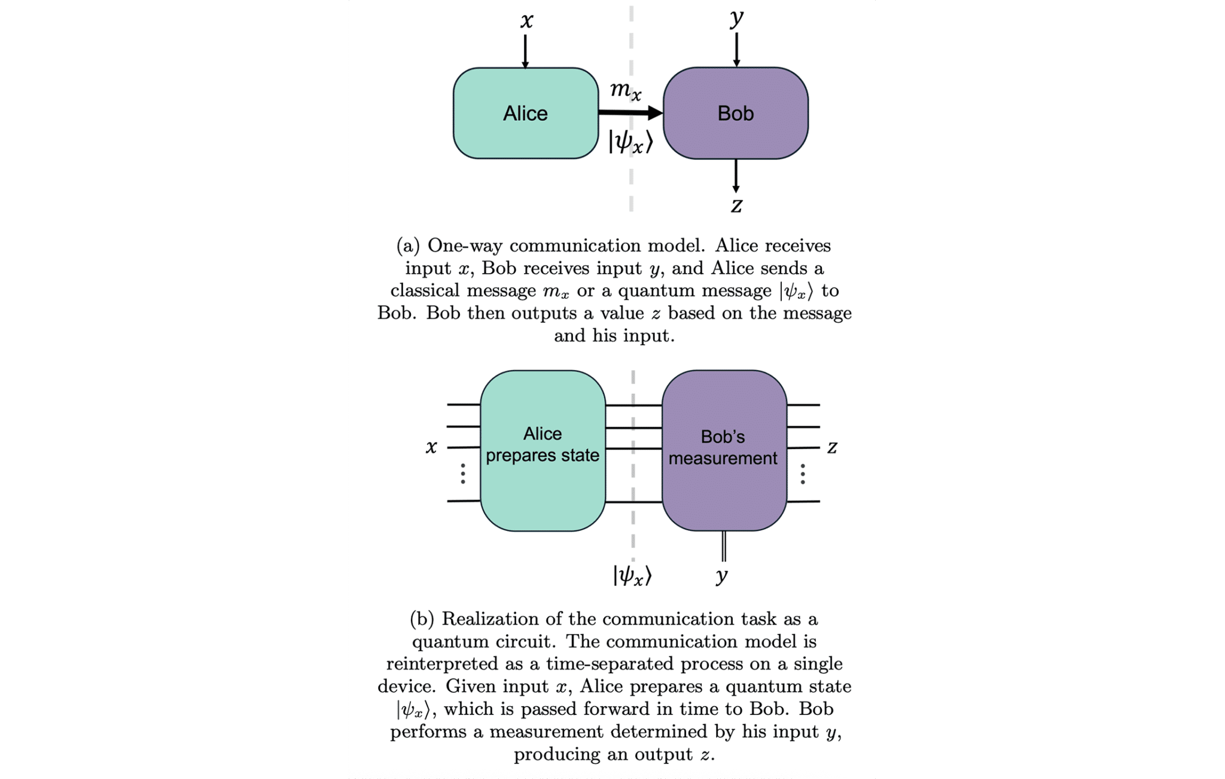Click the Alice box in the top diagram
(x=525, y=113)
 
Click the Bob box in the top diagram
(x=735, y=113)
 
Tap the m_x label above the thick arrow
(x=625, y=90)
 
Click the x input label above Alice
(x=526, y=20)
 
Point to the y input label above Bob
(x=736, y=17)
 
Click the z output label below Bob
(x=736, y=205)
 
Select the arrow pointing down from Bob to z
(x=736, y=176)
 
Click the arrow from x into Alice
(x=525, y=51)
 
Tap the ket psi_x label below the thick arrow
(x=630, y=142)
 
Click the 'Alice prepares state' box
(x=543, y=450)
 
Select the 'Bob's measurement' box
(x=724, y=450)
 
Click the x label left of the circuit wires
(x=431, y=447)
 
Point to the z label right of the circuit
(x=831, y=447)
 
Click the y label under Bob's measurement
(x=722, y=575)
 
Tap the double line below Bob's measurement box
(x=724, y=546)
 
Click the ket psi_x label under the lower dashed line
(x=632, y=576)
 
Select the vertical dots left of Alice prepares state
(x=463, y=473)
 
